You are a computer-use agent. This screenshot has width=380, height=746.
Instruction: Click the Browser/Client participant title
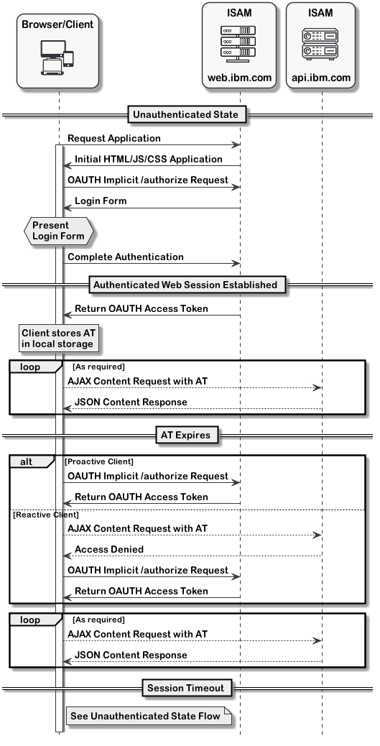point(57,24)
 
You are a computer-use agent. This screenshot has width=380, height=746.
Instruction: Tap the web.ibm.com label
point(239,77)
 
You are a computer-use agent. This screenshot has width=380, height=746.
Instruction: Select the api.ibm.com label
point(321,77)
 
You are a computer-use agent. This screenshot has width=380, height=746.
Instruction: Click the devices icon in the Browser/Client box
point(57,58)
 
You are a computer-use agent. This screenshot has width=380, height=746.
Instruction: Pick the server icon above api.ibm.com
point(321,42)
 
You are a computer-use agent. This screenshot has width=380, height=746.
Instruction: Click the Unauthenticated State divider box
point(187,114)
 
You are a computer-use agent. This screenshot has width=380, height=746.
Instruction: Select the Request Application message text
point(114,138)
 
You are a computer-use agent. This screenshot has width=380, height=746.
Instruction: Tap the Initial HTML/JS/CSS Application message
point(149,159)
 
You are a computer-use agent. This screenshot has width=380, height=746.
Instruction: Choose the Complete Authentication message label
point(126,257)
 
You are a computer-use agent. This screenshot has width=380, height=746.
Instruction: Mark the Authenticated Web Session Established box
point(187,285)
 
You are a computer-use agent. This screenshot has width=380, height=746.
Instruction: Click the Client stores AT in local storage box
point(57,339)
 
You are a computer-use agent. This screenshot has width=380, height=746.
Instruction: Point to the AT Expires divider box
point(187,435)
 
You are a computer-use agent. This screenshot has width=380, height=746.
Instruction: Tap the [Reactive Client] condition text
point(46,515)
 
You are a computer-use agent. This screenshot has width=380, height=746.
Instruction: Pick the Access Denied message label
point(109,549)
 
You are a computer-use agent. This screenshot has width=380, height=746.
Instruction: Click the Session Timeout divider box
point(187,689)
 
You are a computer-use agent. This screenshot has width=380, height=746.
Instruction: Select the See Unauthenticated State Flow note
point(149,716)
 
